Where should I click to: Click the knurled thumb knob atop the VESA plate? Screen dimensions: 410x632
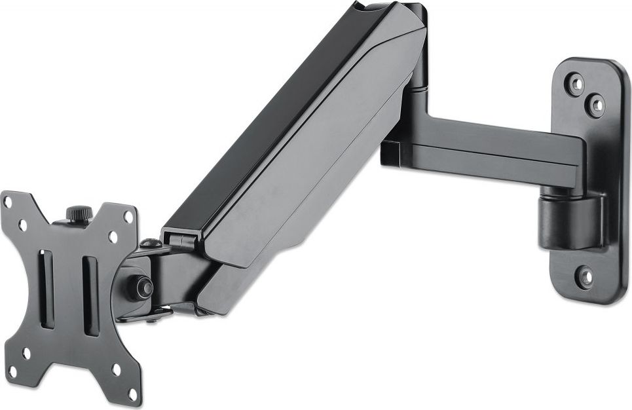79,214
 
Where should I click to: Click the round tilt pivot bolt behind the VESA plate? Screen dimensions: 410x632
141,287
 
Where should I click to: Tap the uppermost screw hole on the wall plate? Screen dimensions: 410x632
576,84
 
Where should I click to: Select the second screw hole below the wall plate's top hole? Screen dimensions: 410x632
595,104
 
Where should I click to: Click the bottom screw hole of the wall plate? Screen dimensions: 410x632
586,277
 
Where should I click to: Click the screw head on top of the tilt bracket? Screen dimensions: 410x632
151,244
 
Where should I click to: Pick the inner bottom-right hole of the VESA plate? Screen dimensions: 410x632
116,368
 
